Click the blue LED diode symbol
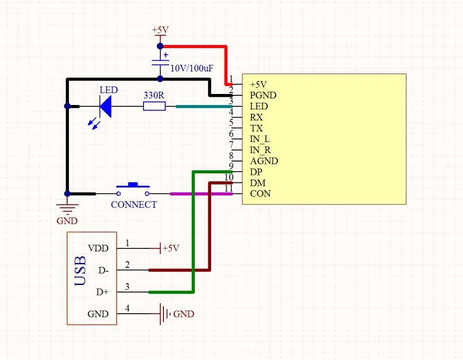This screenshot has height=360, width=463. click(x=106, y=106)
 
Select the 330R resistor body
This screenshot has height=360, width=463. click(x=154, y=106)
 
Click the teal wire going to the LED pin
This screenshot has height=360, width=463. click(x=204, y=106)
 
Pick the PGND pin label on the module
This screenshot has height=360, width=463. click(x=263, y=95)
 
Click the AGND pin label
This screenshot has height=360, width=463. click(x=264, y=161)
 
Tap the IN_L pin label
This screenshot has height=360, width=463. click(x=260, y=139)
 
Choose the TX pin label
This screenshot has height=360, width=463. click(x=257, y=128)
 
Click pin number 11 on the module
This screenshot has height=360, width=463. click(x=228, y=188)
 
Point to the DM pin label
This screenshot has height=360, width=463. click(x=258, y=183)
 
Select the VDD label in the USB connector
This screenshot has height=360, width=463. click(x=98, y=248)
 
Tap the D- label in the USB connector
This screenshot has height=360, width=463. click(x=104, y=270)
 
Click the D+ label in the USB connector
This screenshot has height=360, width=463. click(x=102, y=292)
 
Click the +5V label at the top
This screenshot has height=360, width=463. click(x=160, y=30)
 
